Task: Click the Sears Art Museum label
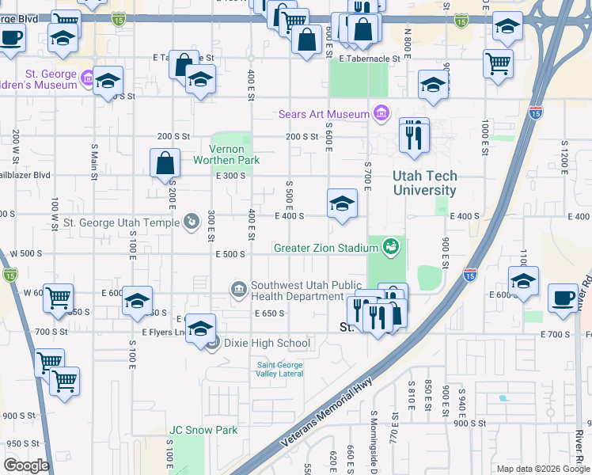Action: point(324,114)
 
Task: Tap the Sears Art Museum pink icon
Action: point(381,114)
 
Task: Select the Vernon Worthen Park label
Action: point(234,154)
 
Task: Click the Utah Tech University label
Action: point(425,184)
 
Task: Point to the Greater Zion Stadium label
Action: point(326,248)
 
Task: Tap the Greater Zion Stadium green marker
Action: point(389,248)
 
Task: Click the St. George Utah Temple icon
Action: point(191,222)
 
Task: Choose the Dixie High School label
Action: point(267,344)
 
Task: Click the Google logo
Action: point(26,465)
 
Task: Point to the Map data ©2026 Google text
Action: point(543,469)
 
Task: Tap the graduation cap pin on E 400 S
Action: point(342,203)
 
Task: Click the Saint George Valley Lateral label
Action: point(279,369)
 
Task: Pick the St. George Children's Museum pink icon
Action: point(87,79)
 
